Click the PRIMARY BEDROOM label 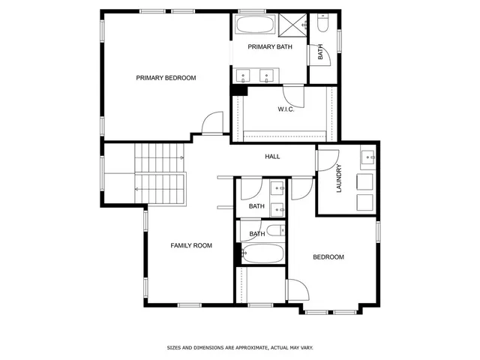pyautogui.click(x=166, y=78)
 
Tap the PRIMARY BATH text pyautogui.click(x=270, y=46)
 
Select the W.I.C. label pyautogui.click(x=285, y=109)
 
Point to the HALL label pyautogui.click(x=272, y=157)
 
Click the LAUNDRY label pyautogui.click(x=339, y=178)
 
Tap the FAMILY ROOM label pyautogui.click(x=191, y=245)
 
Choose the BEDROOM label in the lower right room pyautogui.click(x=328, y=257)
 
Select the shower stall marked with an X pyautogui.click(x=293, y=25)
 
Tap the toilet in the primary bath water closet pyautogui.click(x=322, y=25)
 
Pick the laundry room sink pyautogui.click(x=367, y=157)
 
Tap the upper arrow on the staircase pyautogui.click(x=181, y=158)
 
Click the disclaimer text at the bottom pyautogui.click(x=239, y=347)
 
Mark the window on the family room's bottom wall pyautogui.click(x=189, y=304)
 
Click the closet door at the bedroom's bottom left pyautogui.click(x=295, y=290)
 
